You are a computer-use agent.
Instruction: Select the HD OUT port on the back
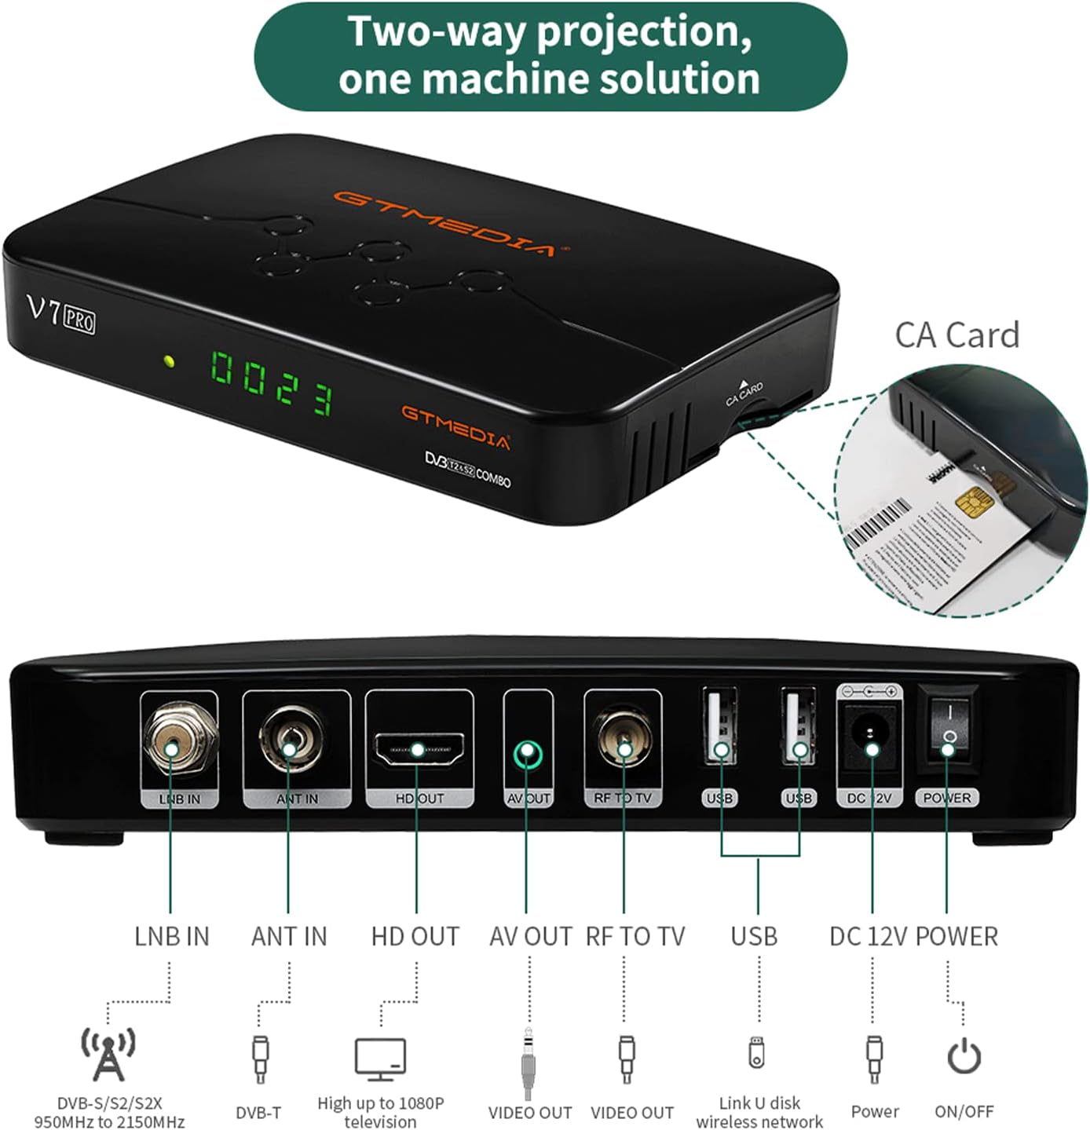pyautogui.click(x=419, y=750)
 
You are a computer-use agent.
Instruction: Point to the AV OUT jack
pyautogui.click(x=528, y=755)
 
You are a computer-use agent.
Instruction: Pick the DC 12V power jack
pyautogui.click(x=870, y=738)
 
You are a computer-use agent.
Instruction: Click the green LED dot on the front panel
pyautogui.click(x=168, y=362)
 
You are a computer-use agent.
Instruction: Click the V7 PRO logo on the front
pyautogui.click(x=61, y=313)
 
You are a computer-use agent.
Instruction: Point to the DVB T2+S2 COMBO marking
pyautogui.click(x=468, y=469)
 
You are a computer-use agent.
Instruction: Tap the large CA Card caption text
pyautogui.click(x=956, y=335)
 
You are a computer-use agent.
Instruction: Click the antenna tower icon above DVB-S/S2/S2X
pyautogui.click(x=108, y=1053)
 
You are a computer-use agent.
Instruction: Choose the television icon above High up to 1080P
pyautogui.click(x=380, y=1059)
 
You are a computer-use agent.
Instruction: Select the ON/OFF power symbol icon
pyautogui.click(x=964, y=1056)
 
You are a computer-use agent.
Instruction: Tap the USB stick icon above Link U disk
pyautogui.click(x=756, y=1052)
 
